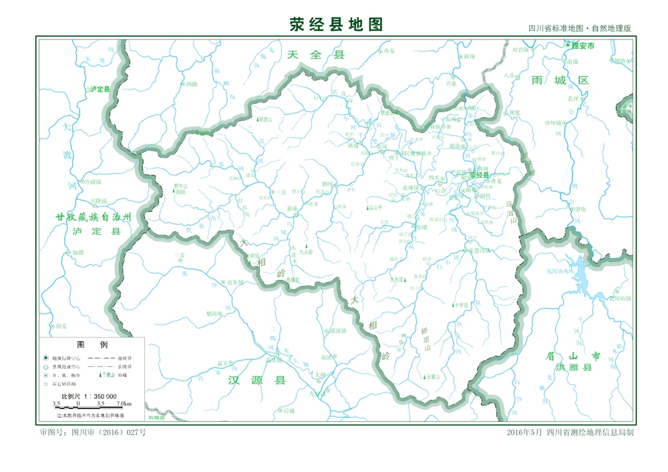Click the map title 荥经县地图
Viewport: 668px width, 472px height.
point(336,24)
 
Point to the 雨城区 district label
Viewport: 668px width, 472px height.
point(560,80)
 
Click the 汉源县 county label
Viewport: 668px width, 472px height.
point(257,380)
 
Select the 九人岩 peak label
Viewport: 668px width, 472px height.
point(306,253)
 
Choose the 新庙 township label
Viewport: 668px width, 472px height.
point(292,209)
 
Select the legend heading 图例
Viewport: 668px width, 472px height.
point(92,345)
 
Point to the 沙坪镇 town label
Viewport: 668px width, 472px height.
point(554,122)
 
